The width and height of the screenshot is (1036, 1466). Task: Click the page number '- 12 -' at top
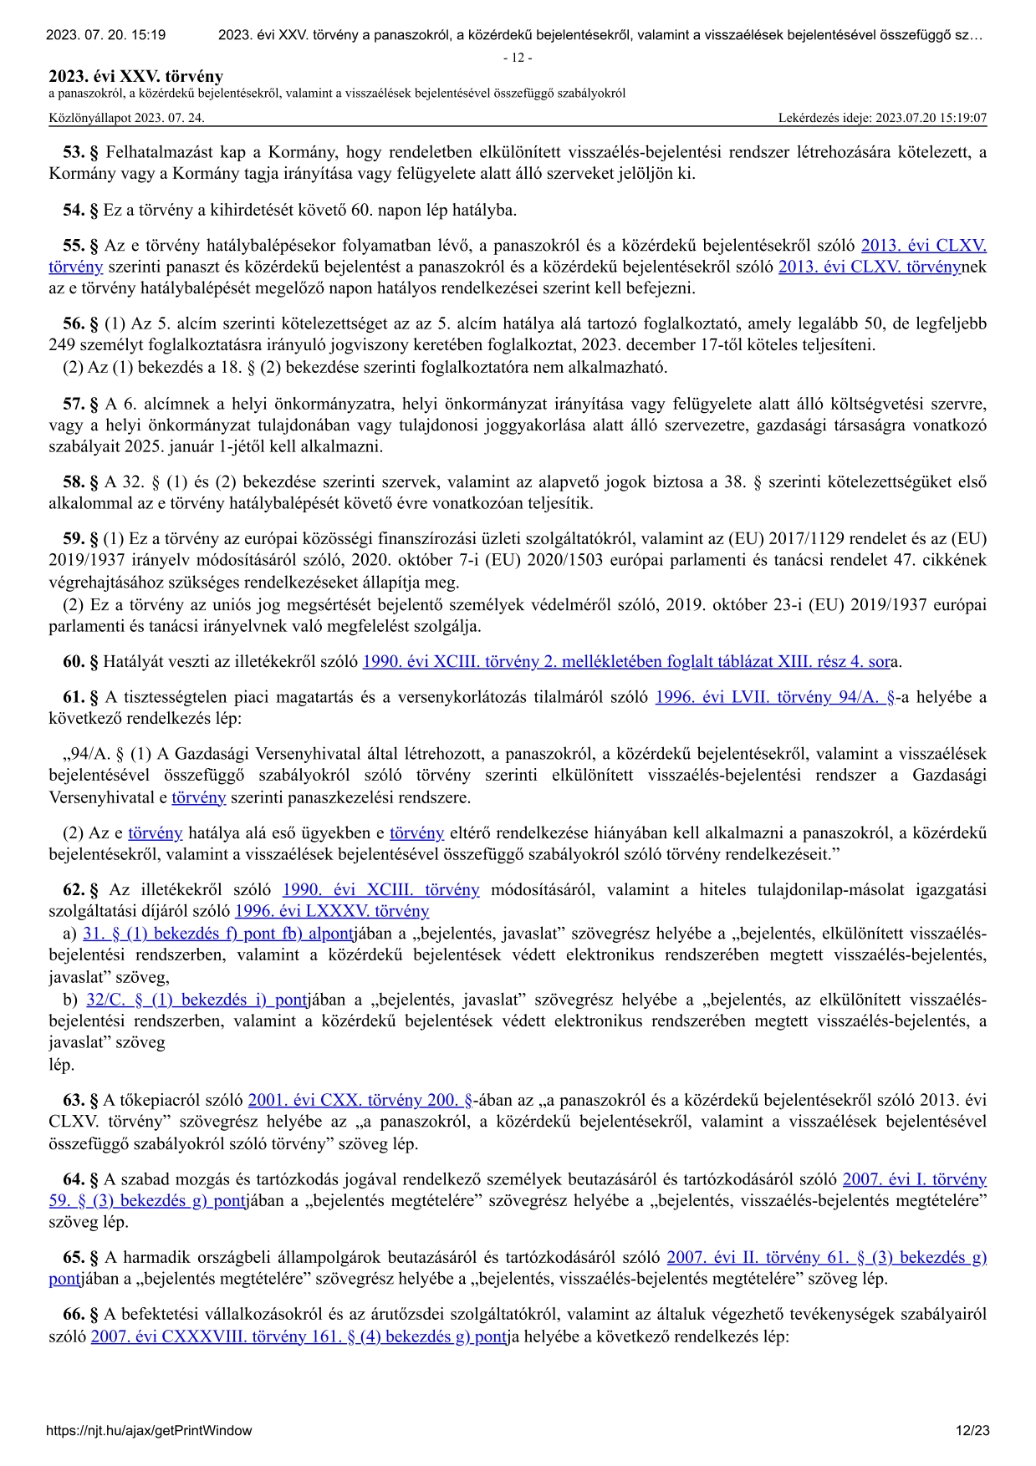pyautogui.click(x=518, y=58)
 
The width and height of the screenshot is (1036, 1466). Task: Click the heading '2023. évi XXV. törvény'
pyautogui.click(x=136, y=77)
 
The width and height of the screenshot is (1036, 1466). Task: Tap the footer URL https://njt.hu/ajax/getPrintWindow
pyautogui.click(x=149, y=1430)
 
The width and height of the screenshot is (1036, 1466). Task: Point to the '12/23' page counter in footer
pyautogui.click(x=972, y=1430)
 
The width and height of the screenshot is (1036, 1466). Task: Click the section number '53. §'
pyautogui.click(x=81, y=152)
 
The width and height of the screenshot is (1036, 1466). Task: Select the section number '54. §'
pyautogui.click(x=81, y=210)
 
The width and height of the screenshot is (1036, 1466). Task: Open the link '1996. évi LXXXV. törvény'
pyautogui.click(x=332, y=911)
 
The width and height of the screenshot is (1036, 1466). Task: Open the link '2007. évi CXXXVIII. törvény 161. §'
pyautogui.click(x=299, y=1336)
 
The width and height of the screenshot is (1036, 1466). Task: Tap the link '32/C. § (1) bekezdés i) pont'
pyautogui.click(x=196, y=1000)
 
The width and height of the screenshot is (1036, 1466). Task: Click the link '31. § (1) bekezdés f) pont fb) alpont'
pyautogui.click(x=218, y=934)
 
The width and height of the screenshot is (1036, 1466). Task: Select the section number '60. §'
pyautogui.click(x=81, y=662)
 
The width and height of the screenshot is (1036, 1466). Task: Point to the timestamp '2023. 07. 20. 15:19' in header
pyautogui.click(x=105, y=35)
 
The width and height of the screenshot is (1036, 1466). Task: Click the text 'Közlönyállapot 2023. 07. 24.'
pyautogui.click(x=126, y=118)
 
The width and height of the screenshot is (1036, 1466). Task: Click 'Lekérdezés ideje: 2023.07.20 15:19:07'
pyautogui.click(x=882, y=118)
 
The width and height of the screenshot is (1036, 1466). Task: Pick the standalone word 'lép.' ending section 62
pyautogui.click(x=62, y=1065)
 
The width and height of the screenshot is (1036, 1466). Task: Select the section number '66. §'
pyautogui.click(x=81, y=1314)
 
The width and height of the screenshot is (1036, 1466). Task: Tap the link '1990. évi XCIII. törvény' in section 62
pyautogui.click(x=380, y=889)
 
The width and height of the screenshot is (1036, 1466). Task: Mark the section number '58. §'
pyautogui.click(x=81, y=481)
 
